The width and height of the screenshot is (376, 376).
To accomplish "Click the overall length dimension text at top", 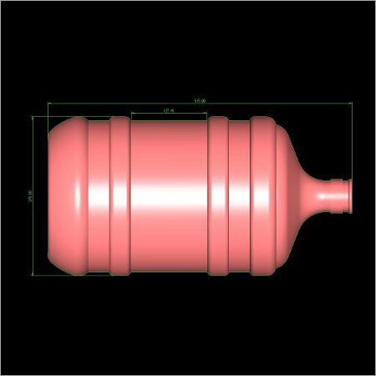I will [x=199, y=100].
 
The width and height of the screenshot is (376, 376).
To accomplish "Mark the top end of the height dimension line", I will [x=34, y=117].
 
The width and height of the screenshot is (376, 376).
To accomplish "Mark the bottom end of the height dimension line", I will [x=34, y=274].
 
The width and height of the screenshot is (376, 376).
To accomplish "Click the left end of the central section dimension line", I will [x=131, y=113].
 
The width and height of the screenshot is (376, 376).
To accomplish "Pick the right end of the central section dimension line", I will [x=208, y=113].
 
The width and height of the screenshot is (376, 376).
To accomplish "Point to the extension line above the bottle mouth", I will [x=352, y=142].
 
